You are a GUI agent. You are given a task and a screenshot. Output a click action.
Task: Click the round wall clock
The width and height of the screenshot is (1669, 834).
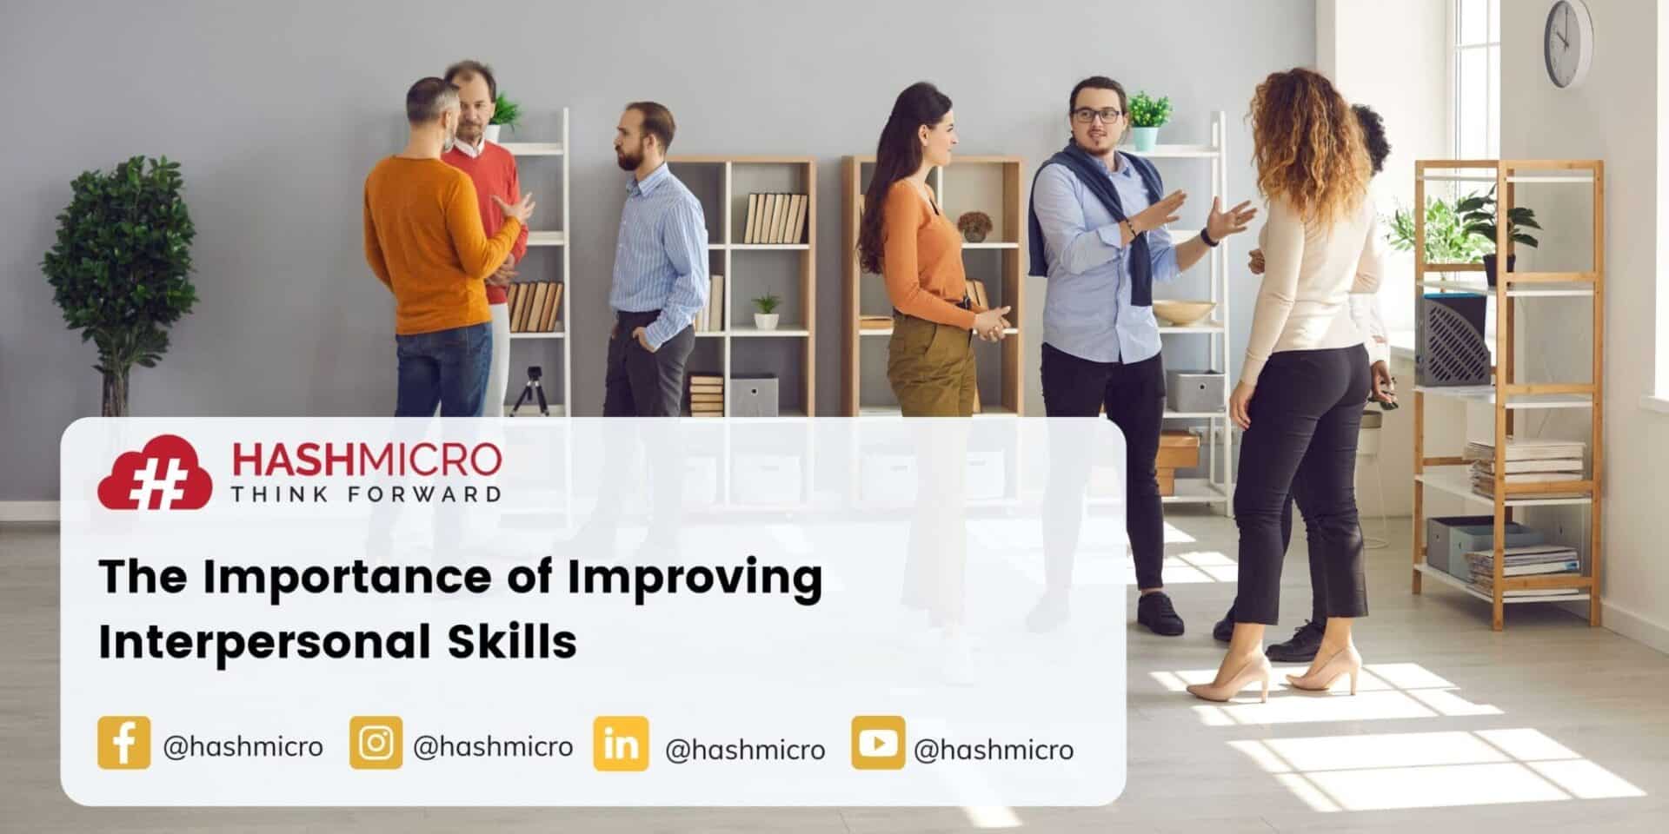(x=1567, y=43)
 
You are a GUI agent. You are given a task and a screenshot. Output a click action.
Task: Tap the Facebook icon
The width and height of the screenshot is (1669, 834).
(x=123, y=743)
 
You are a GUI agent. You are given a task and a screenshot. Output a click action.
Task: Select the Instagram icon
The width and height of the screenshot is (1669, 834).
(x=376, y=743)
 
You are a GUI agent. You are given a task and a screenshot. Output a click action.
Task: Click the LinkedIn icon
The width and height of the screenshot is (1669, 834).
(x=621, y=744)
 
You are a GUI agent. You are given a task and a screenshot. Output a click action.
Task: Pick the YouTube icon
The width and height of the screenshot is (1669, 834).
(x=877, y=743)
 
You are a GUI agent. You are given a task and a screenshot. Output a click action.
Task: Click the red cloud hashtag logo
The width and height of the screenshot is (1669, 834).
(x=154, y=474)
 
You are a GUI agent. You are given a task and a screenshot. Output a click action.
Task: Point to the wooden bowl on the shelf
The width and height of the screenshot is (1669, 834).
(x=1183, y=311)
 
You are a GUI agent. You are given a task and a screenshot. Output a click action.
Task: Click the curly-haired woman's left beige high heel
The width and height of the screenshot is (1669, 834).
(x=1228, y=678)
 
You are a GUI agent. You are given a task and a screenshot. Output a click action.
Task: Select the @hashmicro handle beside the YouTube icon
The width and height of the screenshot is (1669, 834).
(x=994, y=749)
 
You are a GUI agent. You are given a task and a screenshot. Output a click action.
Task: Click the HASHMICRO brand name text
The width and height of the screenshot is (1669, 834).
(x=366, y=459)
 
